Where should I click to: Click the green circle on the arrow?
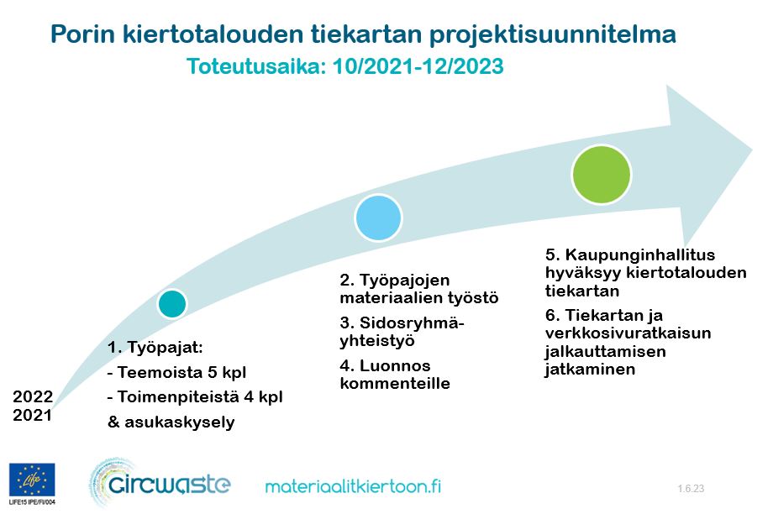[602, 175]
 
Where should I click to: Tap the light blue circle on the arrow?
[379, 218]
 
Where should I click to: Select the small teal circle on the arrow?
[172, 303]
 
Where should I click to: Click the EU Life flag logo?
[32, 480]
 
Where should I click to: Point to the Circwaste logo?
[160, 484]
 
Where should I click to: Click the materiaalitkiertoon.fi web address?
[353, 486]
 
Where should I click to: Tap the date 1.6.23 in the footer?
[691, 488]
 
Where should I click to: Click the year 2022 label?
[33, 396]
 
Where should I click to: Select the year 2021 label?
[33, 415]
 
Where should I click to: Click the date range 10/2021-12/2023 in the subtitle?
[418, 66]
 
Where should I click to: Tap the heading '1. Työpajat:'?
[155, 348]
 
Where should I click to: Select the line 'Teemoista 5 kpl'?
[181, 372]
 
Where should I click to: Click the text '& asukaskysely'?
[171, 422]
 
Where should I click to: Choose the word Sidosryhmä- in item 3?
[412, 323]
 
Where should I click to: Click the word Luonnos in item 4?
[395, 365]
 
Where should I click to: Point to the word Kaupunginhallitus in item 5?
[640, 254]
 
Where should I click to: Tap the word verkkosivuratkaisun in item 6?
[628, 333]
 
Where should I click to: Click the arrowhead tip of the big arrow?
[752, 150]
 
